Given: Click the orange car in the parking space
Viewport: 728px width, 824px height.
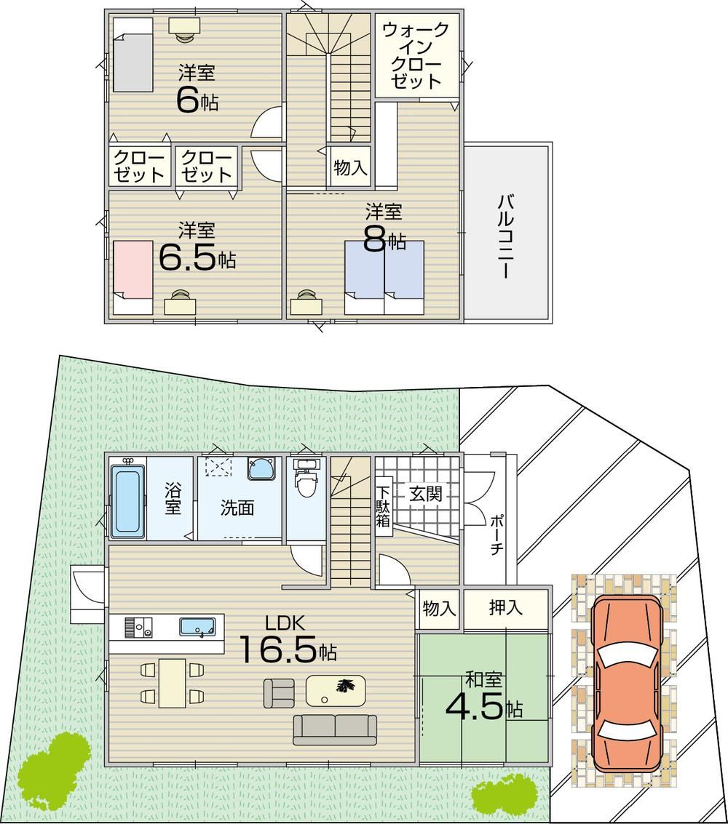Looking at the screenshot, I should tap(626, 684).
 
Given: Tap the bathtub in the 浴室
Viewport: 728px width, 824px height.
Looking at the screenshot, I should tap(127, 501).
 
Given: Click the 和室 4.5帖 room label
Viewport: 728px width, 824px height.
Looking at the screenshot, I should tap(484, 697).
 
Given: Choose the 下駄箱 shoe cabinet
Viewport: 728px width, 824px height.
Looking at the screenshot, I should tap(384, 502).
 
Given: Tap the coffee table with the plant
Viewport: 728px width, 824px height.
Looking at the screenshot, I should tap(336, 690).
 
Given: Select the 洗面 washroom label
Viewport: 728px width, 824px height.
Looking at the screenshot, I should tap(237, 508).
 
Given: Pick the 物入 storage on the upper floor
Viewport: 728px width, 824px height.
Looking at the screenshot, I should tap(350, 168).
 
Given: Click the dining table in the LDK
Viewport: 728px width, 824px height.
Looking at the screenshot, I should tap(172, 683).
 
